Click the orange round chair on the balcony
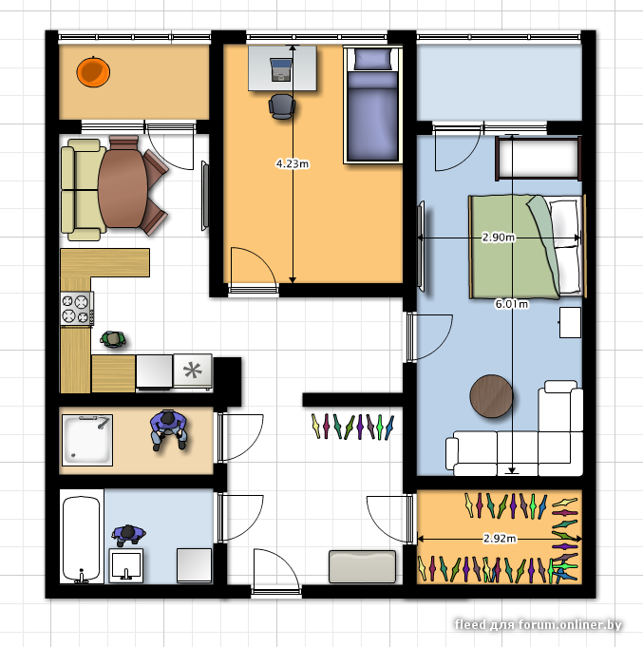coord(93,72)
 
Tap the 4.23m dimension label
coord(293,163)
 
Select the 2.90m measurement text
coord(499,238)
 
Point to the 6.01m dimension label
coord(511,304)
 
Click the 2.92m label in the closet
coord(500,539)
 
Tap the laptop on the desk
coord(281,69)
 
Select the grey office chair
coord(282,106)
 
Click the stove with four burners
coord(77,309)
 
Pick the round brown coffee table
coord(491,396)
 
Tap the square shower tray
coord(87,440)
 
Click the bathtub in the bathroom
coord(82,537)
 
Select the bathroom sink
coord(125,565)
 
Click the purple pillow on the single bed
coord(373,60)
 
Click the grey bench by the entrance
coord(362,566)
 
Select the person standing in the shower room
coord(168,429)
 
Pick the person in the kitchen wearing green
coord(113,339)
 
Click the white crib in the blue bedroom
coord(539,158)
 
